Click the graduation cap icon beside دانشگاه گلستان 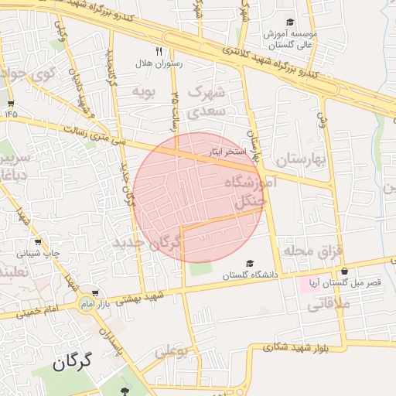coord(249,263)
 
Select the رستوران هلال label coord(157,63)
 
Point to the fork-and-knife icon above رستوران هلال coord(159,51)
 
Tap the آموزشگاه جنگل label coord(247,192)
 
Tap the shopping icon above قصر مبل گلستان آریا coord(343,272)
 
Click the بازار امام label coord(98,304)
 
